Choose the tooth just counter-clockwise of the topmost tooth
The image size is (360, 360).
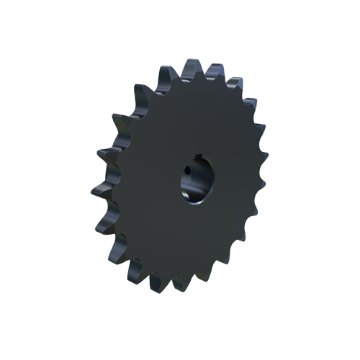[x=166, y=73]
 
